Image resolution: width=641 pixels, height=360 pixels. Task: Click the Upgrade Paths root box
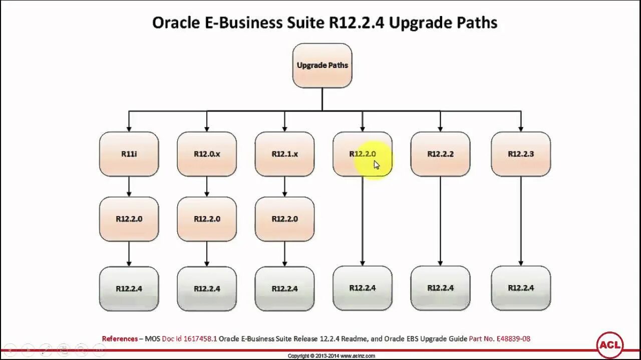[x=322, y=65]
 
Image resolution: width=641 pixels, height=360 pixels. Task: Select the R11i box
[x=129, y=154]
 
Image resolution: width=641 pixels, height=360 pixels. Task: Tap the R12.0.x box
[x=207, y=154]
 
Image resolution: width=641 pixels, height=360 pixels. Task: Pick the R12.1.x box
[x=284, y=154]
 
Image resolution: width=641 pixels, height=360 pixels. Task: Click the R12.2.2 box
[x=440, y=154]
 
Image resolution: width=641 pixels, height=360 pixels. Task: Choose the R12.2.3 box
[x=521, y=154]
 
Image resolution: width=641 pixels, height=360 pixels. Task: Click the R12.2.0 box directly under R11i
[x=129, y=219]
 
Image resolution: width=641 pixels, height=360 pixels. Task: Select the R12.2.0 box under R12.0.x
[x=207, y=219]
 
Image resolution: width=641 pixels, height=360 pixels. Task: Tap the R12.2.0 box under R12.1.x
[x=284, y=219]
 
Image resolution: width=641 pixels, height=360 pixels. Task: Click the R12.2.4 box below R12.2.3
[x=521, y=288]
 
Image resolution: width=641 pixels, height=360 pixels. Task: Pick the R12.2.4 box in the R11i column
[x=129, y=288]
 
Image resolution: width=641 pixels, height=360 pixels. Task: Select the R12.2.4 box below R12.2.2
[x=440, y=288]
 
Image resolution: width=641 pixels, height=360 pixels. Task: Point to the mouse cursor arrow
[x=377, y=165]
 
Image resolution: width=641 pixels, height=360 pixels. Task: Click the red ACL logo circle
[x=610, y=344]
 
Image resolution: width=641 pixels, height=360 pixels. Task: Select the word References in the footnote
[x=120, y=338]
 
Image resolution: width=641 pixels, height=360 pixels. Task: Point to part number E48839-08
[x=513, y=338]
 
